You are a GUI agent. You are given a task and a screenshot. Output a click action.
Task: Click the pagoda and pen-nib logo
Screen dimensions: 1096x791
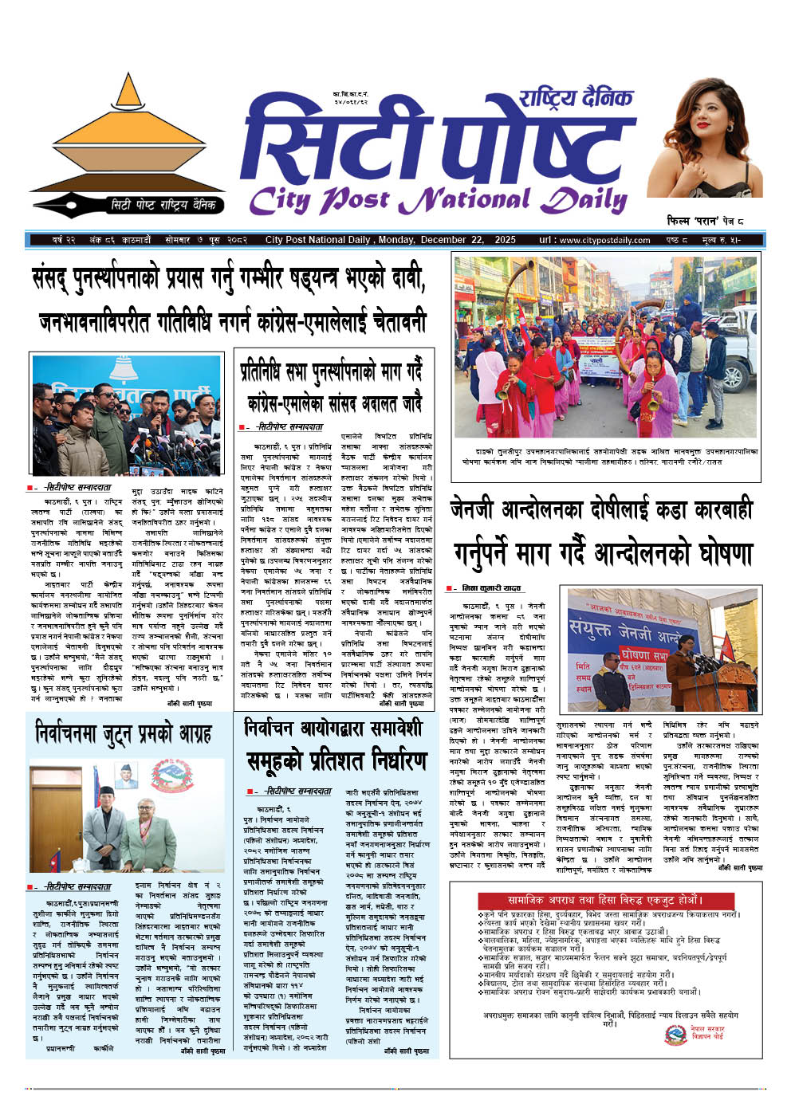(x=127, y=143)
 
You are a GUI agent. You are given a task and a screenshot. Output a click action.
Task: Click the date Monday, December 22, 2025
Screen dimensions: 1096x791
(x=447, y=240)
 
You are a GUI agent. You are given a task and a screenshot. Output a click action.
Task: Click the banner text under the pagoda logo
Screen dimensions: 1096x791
(x=163, y=205)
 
